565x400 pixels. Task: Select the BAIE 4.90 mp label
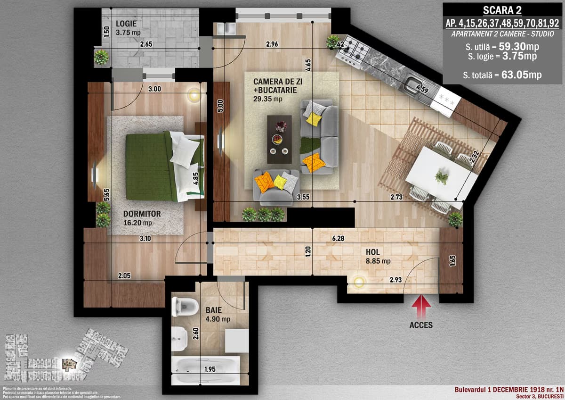pos(217,315)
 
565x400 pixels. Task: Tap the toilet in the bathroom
pos(184,306)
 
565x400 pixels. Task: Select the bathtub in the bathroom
pos(206,369)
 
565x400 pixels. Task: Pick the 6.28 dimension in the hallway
pos(338,239)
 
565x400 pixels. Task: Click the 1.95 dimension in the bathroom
pos(210,369)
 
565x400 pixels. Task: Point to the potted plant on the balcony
pos(101,58)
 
